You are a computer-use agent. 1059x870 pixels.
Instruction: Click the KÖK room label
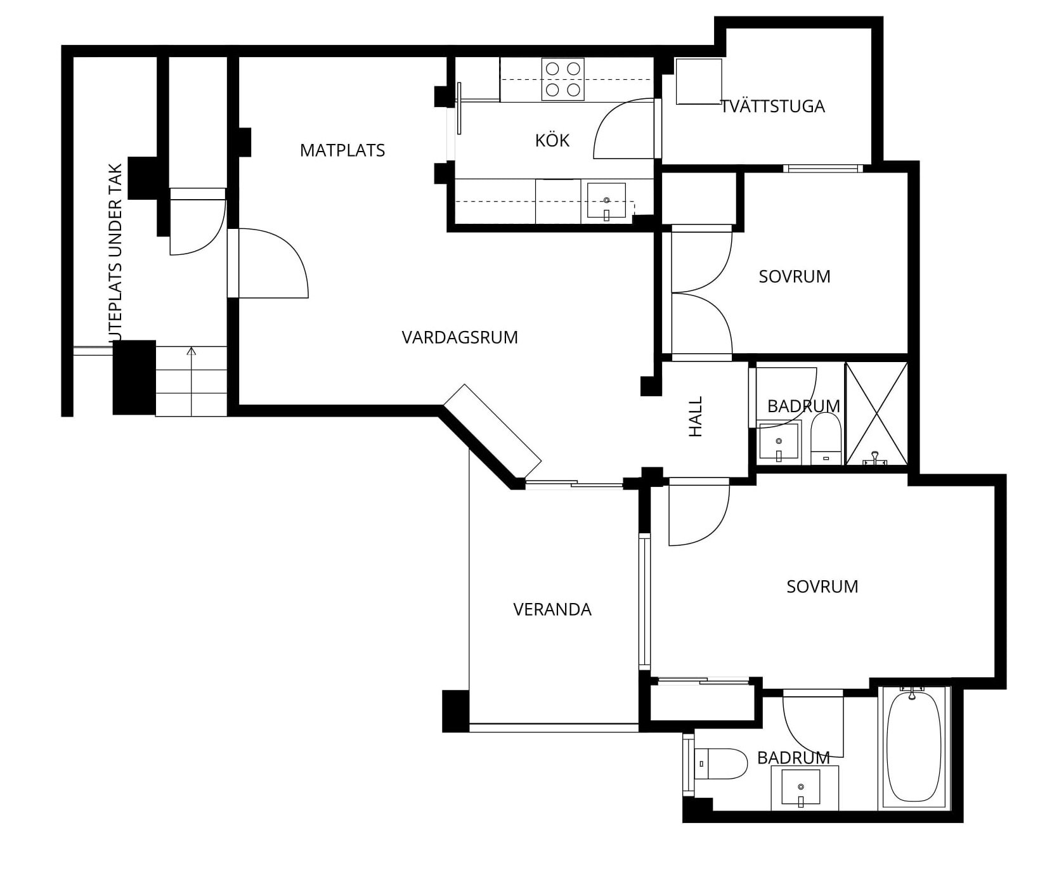552,140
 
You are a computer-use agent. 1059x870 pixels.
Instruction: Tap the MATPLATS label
342,150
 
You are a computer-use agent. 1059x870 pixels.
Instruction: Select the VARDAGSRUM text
460,337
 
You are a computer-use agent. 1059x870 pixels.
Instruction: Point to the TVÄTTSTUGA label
773,106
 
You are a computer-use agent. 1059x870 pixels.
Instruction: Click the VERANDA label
552,609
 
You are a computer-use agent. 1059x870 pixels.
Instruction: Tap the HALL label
696,417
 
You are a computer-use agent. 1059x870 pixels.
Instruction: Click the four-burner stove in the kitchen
562,79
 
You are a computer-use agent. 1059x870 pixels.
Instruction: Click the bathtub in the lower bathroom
914,746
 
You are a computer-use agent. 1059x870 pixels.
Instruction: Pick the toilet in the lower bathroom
721,763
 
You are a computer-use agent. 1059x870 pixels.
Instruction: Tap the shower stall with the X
876,413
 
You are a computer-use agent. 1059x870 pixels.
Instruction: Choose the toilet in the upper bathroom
826,439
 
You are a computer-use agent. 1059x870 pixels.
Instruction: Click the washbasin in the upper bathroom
779,442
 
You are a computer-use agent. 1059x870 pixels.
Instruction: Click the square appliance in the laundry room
699,81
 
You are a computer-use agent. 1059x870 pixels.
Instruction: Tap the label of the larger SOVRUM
822,587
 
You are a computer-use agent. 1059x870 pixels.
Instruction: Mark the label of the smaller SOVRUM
795,276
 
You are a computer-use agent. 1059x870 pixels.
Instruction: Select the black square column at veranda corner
455,711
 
